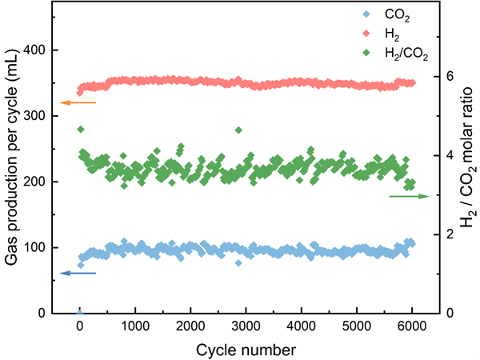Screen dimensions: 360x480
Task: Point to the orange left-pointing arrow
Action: (78, 102)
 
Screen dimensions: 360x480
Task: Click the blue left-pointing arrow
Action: (78, 274)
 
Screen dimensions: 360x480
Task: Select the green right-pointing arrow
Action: (410, 196)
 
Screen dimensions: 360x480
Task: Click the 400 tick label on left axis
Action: (34, 50)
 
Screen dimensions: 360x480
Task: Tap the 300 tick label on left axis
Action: (34, 116)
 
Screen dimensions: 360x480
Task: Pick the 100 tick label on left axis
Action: (34, 247)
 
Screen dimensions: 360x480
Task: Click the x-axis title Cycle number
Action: (246, 348)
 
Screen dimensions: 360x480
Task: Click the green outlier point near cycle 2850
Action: (238, 130)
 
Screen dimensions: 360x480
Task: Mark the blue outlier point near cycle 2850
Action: (238, 262)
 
